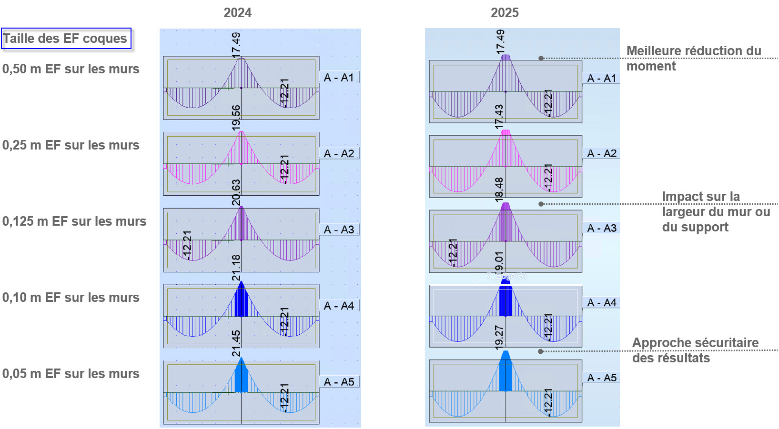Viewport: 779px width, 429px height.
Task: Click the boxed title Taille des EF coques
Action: pyautogui.click(x=66, y=39)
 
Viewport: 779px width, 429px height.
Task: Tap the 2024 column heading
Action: pyautogui.click(x=237, y=13)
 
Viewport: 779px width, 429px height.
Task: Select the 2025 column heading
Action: pyautogui.click(x=505, y=13)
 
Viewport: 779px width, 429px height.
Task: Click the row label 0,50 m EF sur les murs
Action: pyautogui.click(x=71, y=69)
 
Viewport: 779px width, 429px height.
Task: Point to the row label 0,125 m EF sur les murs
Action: pyautogui.click(x=74, y=221)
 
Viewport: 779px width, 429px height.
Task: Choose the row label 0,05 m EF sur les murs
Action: pyautogui.click(x=71, y=374)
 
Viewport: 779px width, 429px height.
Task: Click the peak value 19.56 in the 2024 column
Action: pyautogui.click(x=236, y=118)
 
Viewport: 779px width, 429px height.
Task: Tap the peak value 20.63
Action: pyautogui.click(x=236, y=192)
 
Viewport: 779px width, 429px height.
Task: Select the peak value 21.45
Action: pyautogui.click(x=236, y=343)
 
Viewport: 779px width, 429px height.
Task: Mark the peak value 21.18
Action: pyautogui.click(x=236, y=268)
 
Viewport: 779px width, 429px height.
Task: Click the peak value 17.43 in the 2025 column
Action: pyautogui.click(x=499, y=117)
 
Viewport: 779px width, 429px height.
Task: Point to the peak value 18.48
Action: pyautogui.click(x=499, y=190)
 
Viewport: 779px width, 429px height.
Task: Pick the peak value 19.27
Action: pyautogui.click(x=499, y=338)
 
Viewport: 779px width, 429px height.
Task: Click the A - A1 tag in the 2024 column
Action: pyautogui.click(x=339, y=78)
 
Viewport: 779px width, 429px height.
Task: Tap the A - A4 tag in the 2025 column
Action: pyautogui.click(x=602, y=303)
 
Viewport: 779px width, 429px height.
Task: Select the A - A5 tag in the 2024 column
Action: pyautogui.click(x=339, y=382)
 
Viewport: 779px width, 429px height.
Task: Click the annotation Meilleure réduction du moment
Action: pyautogui.click(x=693, y=58)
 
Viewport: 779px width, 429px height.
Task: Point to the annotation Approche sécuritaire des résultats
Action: pyautogui.click(x=695, y=350)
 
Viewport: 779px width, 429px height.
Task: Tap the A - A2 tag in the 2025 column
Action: pyautogui.click(x=602, y=153)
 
